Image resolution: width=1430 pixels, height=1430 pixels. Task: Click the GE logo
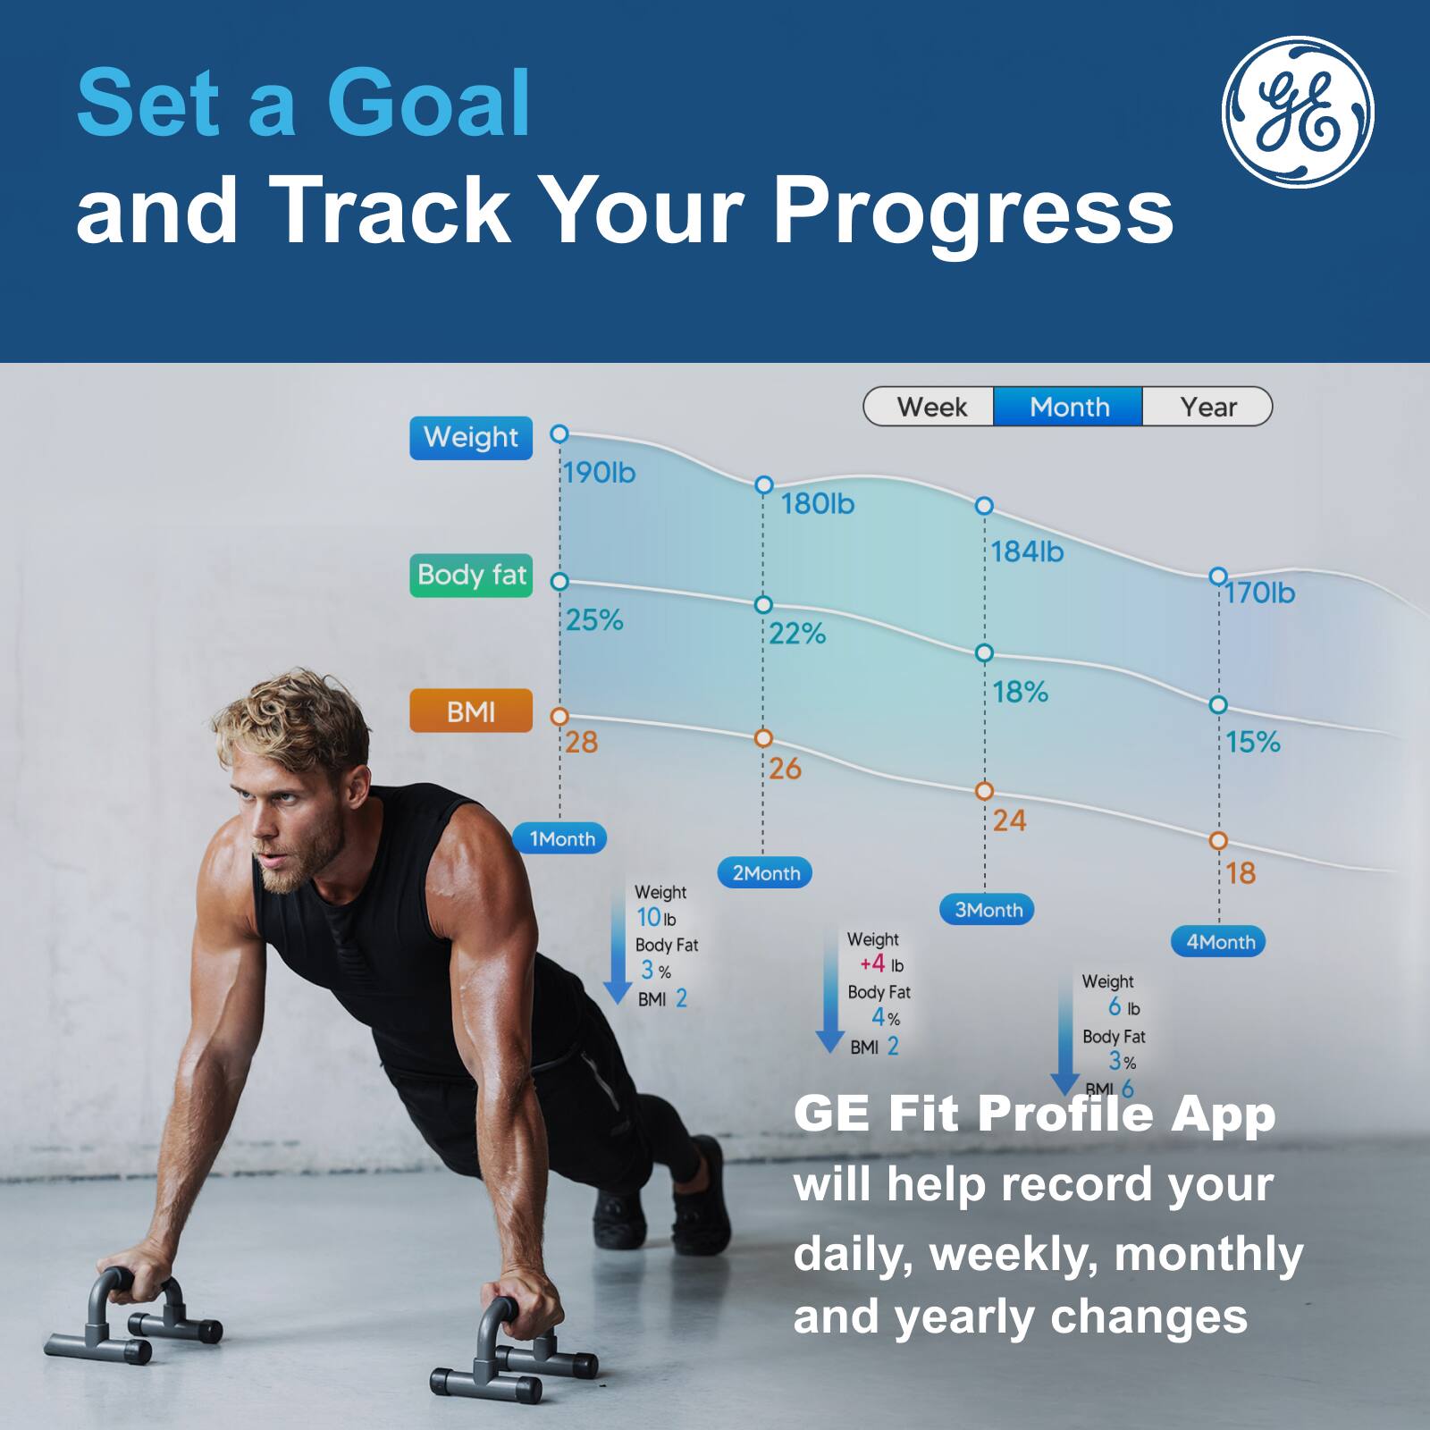(x=1298, y=112)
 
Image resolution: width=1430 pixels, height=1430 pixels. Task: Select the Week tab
(x=930, y=407)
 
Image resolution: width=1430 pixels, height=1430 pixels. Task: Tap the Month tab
(x=1069, y=407)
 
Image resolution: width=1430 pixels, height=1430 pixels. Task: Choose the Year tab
(x=1207, y=407)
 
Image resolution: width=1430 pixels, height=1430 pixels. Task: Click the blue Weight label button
(x=471, y=438)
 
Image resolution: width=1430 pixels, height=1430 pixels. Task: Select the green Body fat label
(x=471, y=576)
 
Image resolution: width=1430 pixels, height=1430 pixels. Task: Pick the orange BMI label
(x=471, y=711)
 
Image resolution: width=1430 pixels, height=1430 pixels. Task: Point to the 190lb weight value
(x=600, y=473)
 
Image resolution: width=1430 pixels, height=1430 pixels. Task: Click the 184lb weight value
(x=1027, y=551)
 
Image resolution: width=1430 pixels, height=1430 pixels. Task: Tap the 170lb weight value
(x=1259, y=593)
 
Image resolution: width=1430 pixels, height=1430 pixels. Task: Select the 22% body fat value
(x=797, y=634)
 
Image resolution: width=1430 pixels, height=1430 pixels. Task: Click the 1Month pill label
(x=560, y=838)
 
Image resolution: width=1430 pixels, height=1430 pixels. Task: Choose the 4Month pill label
(x=1219, y=942)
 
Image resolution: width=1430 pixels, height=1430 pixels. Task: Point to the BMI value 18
(x=1241, y=873)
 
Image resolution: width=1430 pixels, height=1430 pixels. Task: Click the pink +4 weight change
(x=872, y=964)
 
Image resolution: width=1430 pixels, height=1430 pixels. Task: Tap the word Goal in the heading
(x=429, y=104)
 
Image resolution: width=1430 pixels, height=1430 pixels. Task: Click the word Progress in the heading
(x=972, y=211)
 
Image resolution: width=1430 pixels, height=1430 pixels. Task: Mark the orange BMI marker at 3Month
(x=984, y=791)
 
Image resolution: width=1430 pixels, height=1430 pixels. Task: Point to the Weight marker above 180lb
(x=763, y=485)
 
